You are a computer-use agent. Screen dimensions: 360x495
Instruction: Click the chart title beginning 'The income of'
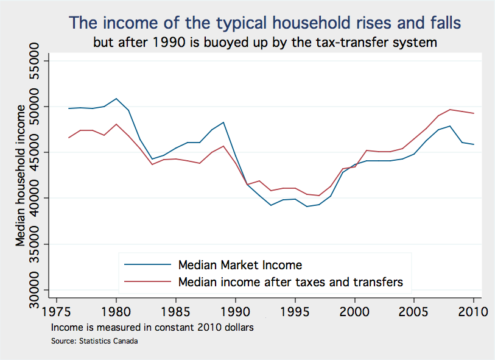tap(265, 23)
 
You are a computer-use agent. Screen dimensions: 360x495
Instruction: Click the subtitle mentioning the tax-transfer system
tap(265, 43)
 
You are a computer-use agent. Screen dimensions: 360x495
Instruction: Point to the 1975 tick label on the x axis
tap(57, 311)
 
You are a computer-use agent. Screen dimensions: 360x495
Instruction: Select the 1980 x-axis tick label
tap(116, 311)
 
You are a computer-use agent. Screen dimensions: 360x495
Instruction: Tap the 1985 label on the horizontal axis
tap(176, 311)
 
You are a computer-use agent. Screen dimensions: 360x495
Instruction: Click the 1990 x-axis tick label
tap(235, 311)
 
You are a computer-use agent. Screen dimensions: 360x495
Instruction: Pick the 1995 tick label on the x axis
tap(295, 311)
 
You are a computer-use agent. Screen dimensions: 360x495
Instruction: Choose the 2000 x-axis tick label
tap(354, 311)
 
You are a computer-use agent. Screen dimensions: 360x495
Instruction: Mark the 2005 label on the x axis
tap(414, 311)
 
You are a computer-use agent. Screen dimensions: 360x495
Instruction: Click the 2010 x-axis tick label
tap(472, 311)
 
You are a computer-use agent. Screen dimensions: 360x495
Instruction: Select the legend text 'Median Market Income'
tap(240, 265)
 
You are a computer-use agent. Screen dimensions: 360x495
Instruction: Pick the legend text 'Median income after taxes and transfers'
tap(290, 282)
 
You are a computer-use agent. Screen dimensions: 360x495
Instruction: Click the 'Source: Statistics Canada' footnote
tap(94, 341)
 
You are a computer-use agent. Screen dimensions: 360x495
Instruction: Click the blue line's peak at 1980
tap(116, 99)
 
